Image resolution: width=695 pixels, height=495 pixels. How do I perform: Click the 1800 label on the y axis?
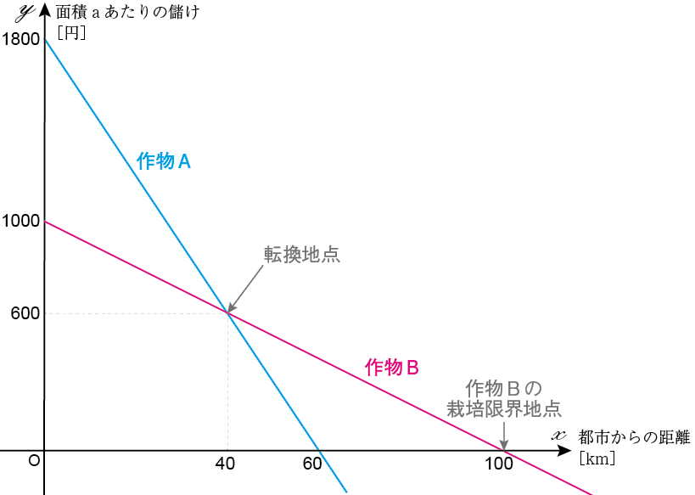coord(21,38)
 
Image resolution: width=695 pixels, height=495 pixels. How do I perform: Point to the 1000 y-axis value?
coord(21,222)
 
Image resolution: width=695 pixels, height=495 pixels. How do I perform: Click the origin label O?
coord(34,460)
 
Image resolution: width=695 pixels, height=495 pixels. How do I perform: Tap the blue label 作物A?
coord(163,161)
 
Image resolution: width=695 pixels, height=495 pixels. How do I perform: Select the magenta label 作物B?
coord(392,368)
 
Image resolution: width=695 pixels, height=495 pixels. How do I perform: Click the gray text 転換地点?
coord(301,255)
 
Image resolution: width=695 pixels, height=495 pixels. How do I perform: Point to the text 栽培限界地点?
coord(504,408)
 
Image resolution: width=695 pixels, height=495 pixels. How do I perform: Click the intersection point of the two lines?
coord(227,313)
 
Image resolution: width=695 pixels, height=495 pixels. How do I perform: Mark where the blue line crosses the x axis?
coord(317,451)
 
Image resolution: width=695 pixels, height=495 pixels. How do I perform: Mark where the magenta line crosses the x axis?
coord(503,451)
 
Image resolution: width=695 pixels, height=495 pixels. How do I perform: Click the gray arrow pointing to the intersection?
coord(244,290)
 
